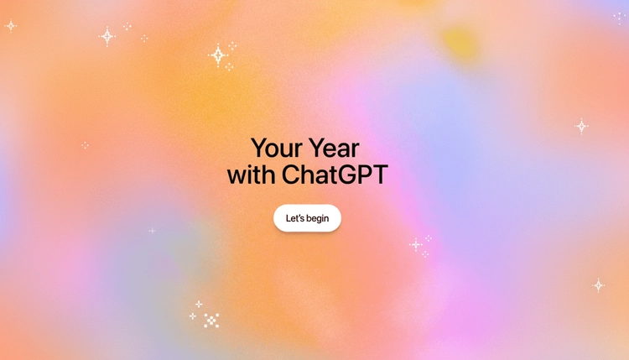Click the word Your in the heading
277,149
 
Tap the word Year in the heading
333,149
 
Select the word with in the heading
249,175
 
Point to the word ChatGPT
335,175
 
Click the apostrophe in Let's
300,216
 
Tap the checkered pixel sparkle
211,320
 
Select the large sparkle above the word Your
218,55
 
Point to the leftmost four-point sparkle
11,25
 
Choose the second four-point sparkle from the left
107,36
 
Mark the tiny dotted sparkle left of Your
85,145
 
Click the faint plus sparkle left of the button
152,231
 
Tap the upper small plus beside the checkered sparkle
199,304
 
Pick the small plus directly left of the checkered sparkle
192,316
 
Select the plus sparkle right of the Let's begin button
416,244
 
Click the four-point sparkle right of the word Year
581,126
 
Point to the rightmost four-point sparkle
598,285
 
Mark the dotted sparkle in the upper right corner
619,18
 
